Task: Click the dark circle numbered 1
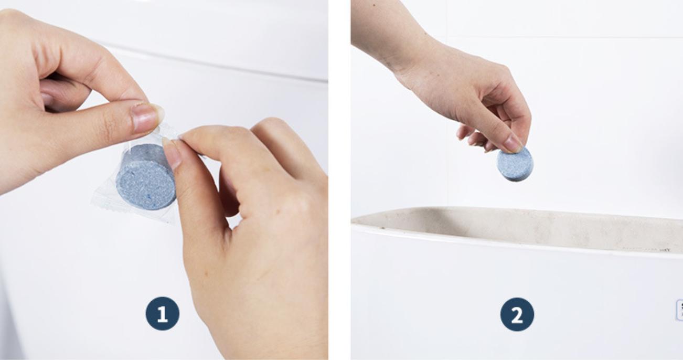(x=163, y=314)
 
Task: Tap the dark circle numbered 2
(x=517, y=314)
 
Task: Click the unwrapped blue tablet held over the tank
(x=515, y=165)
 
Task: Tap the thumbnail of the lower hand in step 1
(x=172, y=153)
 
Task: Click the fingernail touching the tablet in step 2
(x=513, y=144)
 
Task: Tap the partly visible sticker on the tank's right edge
(x=680, y=310)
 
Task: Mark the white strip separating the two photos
(x=339, y=180)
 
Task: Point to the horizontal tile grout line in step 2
(x=564, y=38)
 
